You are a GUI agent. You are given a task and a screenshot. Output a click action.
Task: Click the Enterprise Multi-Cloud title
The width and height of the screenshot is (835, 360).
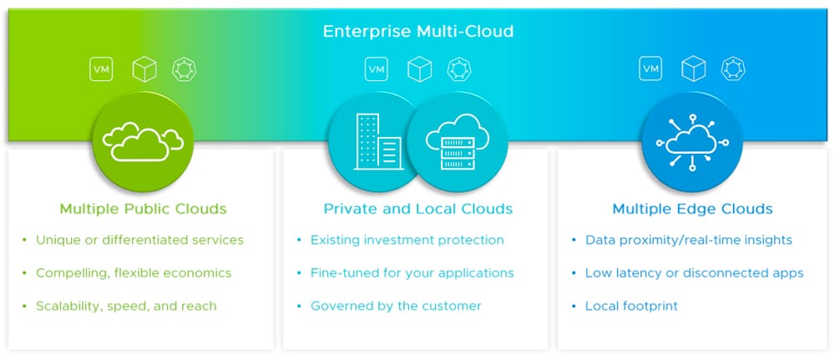(418, 31)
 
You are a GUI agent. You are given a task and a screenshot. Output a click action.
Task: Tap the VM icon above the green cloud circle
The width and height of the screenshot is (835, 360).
(101, 69)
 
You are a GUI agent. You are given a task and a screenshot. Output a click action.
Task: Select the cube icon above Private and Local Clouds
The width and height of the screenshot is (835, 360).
(420, 69)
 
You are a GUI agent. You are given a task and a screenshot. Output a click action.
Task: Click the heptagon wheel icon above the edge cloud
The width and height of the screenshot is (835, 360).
(733, 69)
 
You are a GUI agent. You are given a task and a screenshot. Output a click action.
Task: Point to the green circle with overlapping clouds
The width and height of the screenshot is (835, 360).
(143, 142)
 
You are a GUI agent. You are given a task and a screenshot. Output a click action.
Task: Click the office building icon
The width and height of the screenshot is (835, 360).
(378, 142)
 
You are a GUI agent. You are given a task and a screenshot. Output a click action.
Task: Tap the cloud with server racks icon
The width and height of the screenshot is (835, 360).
(458, 142)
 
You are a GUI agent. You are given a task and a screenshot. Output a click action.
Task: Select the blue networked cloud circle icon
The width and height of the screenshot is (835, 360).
(692, 142)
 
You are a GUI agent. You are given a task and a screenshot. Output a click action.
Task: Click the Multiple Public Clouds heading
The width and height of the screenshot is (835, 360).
(144, 208)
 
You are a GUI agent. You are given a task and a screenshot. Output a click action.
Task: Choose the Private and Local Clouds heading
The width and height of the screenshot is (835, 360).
(418, 208)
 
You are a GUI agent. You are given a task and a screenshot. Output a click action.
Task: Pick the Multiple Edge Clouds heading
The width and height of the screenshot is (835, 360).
(692, 208)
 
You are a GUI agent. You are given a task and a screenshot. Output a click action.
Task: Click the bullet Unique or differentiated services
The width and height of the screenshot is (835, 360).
(139, 241)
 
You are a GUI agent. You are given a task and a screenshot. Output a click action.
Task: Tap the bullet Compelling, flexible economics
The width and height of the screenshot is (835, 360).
(134, 273)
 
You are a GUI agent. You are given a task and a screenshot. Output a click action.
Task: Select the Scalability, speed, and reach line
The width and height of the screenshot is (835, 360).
(126, 307)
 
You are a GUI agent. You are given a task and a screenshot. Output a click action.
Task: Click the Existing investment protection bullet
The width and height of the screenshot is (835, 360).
(407, 241)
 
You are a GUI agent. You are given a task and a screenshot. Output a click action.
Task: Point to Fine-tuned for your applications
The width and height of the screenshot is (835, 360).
(412, 273)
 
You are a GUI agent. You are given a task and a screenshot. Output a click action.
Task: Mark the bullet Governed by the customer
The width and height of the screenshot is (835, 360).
(396, 307)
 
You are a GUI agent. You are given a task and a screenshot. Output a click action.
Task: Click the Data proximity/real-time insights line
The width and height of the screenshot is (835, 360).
(689, 241)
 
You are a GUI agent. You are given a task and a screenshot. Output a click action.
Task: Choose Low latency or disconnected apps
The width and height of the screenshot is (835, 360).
(695, 273)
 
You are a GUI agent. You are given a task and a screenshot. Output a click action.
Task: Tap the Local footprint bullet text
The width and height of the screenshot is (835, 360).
(631, 307)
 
